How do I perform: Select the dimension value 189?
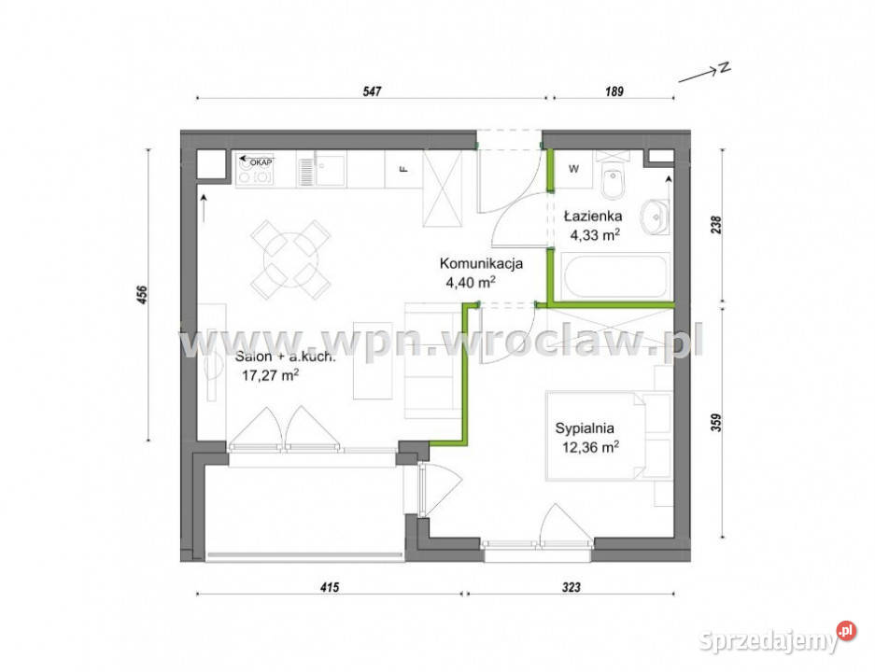pos(614,91)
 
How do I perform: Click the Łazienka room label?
pos(593,216)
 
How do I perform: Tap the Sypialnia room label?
pos(585,429)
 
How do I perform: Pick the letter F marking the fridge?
pos(402,170)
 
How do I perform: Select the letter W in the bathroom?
pos(572,170)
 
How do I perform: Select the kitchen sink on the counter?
pos(321,171)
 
